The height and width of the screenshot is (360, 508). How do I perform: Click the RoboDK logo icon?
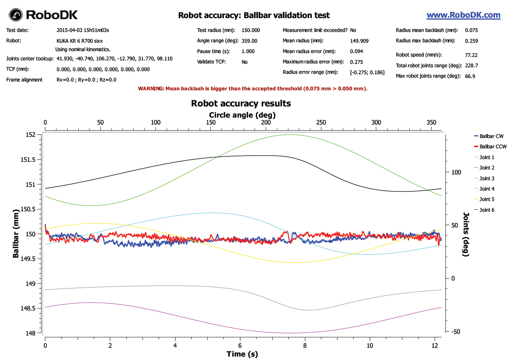click(16, 15)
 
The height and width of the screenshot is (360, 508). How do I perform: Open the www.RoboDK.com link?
click(463, 15)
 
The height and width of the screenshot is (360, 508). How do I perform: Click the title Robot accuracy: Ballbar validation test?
click(254, 15)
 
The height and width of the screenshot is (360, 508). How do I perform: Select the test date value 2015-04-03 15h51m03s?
click(83, 30)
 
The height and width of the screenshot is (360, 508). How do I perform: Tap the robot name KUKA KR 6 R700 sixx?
click(79, 41)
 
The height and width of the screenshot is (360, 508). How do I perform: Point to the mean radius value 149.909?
click(359, 41)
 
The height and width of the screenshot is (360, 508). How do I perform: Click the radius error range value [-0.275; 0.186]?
click(367, 72)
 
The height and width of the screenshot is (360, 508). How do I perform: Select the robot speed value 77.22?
click(471, 55)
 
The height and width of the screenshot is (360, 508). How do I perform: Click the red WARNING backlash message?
click(253, 88)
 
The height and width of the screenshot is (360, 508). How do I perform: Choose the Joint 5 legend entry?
click(486, 199)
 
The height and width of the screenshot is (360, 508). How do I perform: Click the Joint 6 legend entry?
click(486, 210)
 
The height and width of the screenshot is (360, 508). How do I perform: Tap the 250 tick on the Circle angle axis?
click(321, 123)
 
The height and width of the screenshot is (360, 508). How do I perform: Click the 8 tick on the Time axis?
click(305, 345)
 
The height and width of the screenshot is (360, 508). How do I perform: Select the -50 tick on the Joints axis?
click(455, 332)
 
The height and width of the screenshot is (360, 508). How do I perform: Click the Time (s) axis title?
click(242, 354)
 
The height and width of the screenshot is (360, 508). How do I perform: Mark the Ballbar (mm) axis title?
click(16, 233)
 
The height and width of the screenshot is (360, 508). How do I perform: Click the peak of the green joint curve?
click(291, 134)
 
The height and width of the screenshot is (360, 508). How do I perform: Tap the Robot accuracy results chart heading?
click(241, 103)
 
